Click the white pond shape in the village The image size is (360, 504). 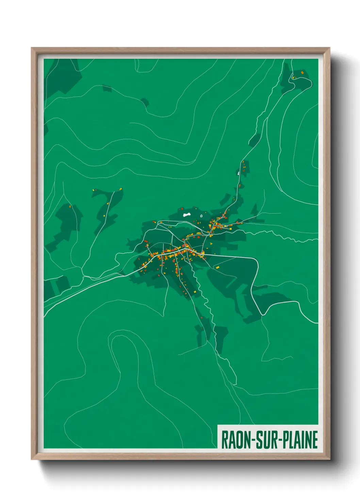[x=186, y=215]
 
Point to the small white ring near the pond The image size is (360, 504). [x=201, y=216]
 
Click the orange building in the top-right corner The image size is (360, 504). [x=302, y=73]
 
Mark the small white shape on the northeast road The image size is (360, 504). [x=239, y=173]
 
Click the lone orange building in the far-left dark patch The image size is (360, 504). [x=71, y=206]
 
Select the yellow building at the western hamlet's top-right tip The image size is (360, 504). [x=120, y=189]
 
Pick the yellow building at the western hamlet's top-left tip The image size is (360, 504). [x=94, y=190]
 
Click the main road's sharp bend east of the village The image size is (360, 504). [x=256, y=261]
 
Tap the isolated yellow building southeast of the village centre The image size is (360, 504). [x=217, y=268]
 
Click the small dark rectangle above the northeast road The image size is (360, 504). [x=254, y=140]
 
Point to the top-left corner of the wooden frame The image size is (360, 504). [x=32, y=48]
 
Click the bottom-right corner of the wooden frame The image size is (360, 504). [x=329, y=459]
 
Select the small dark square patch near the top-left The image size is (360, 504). [x=107, y=89]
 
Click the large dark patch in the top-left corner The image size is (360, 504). [x=61, y=77]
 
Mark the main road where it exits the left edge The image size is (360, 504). [x=45, y=314]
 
